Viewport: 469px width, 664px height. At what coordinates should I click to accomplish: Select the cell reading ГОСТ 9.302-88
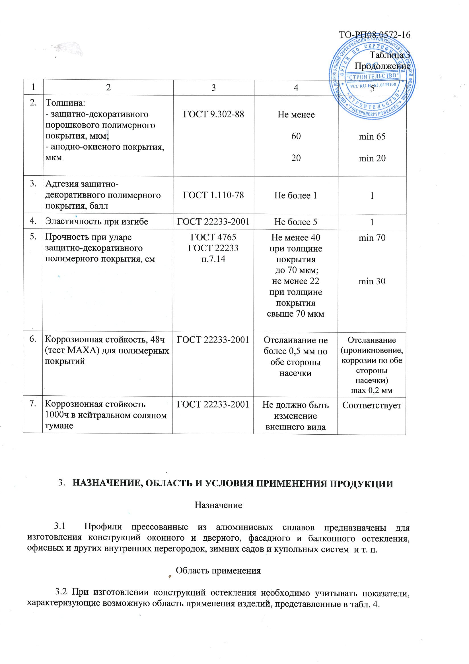tap(213, 114)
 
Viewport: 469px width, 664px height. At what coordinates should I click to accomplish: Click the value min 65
tap(372, 136)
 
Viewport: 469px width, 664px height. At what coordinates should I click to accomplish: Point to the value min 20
tap(372, 158)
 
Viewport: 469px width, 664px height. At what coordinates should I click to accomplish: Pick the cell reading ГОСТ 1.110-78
tap(213, 195)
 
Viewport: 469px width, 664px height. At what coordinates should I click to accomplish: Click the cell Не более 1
tap(296, 196)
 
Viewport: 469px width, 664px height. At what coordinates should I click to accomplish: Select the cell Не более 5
tap(296, 222)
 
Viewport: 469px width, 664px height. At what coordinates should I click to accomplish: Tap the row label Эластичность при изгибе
tap(96, 221)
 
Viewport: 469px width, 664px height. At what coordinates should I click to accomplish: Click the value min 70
tap(372, 238)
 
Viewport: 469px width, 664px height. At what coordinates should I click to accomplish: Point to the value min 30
tap(372, 281)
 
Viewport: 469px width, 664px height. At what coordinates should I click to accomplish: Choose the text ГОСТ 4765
tap(213, 237)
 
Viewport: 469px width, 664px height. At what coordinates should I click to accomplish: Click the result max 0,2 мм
tap(371, 391)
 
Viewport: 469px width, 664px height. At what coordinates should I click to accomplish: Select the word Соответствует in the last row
tap(371, 405)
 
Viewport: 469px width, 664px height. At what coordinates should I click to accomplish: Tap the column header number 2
tap(108, 88)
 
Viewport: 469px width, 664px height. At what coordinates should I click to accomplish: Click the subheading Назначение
tap(218, 505)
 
